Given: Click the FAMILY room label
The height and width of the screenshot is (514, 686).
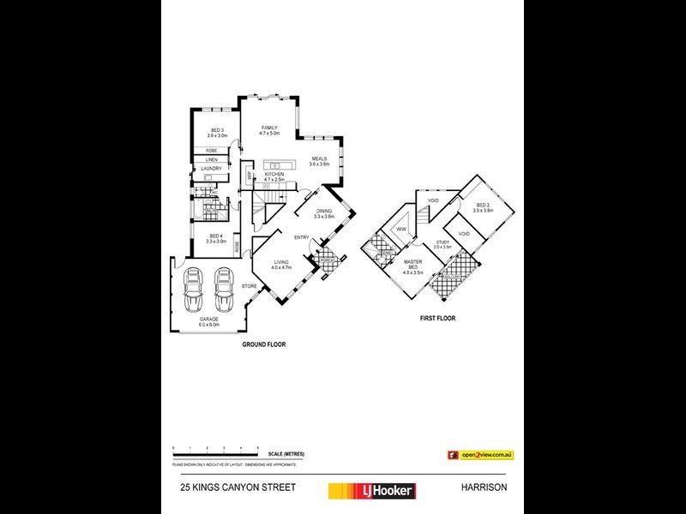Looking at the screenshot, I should tap(270, 128).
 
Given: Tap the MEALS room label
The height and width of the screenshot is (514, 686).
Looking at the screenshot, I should tap(319, 158).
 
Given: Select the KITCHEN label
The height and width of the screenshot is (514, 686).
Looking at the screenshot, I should tap(274, 174).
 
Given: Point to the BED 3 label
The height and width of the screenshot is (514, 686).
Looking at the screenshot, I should tap(216, 130).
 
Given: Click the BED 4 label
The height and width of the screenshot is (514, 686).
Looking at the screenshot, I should tap(214, 236).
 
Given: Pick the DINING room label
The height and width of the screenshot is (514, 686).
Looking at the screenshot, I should tap(323, 211).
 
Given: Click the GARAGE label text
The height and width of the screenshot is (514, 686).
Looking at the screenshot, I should tap(209, 320).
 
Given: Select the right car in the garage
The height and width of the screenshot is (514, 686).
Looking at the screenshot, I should tap(224, 290).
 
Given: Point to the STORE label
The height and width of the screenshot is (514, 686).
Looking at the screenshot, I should tap(249, 285).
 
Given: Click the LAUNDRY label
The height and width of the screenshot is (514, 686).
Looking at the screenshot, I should tap(211, 169).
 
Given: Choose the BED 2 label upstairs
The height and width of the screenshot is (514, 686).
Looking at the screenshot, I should tap(483, 206).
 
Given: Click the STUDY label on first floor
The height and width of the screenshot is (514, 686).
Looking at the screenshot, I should tap(442, 242).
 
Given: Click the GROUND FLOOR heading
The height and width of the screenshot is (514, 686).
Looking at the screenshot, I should tap(263, 344).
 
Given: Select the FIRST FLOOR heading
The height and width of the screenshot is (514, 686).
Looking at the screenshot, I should tap(436, 318).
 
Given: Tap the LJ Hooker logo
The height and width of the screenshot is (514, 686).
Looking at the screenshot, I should tap(372, 490).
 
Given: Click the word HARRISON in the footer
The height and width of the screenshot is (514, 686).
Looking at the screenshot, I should tap(484, 487).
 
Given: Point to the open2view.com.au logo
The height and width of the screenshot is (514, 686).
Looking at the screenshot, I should tap(479, 454).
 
